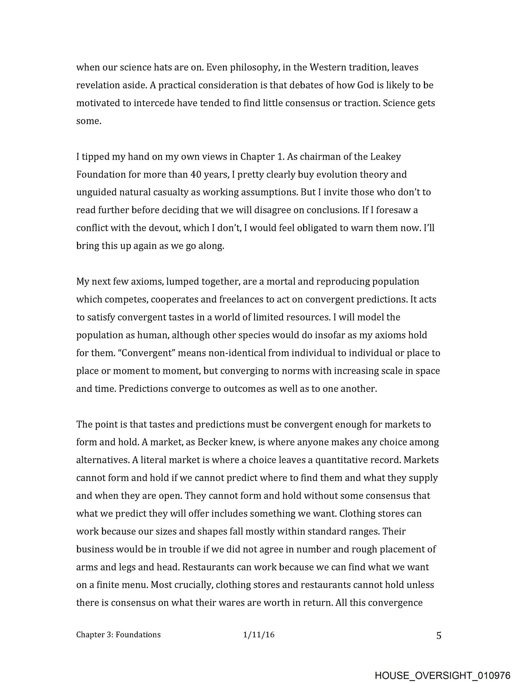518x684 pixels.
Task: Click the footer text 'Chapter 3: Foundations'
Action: click(x=118, y=634)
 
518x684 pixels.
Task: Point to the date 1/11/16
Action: click(x=259, y=634)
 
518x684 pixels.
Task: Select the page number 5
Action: click(x=438, y=635)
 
